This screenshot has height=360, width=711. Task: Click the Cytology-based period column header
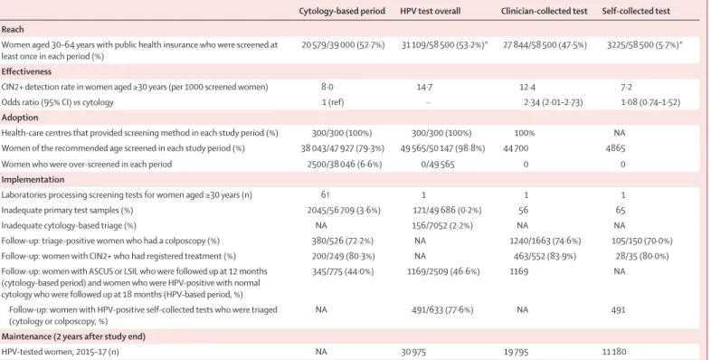[x=342, y=11]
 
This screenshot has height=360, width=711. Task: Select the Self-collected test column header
[x=636, y=11]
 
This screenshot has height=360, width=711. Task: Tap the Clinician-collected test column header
[x=545, y=11]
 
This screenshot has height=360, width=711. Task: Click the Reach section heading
[x=13, y=30]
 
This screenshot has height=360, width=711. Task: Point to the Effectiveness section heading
[x=26, y=71]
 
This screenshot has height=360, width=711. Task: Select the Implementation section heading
[x=33, y=179]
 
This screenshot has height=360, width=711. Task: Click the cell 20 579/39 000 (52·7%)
[x=343, y=45]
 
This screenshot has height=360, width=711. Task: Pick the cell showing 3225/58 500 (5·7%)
[x=644, y=45]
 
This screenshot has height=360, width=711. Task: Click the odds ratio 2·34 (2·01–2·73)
[x=553, y=102]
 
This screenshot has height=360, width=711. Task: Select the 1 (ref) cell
[x=333, y=102]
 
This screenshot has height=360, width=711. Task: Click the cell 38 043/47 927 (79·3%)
[x=342, y=148]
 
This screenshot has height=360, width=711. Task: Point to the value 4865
[x=615, y=148]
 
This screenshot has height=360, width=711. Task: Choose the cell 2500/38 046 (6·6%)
[x=344, y=164]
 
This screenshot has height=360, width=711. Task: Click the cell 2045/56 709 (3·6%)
[x=344, y=211]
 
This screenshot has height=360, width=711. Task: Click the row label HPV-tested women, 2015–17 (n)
[x=60, y=352]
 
